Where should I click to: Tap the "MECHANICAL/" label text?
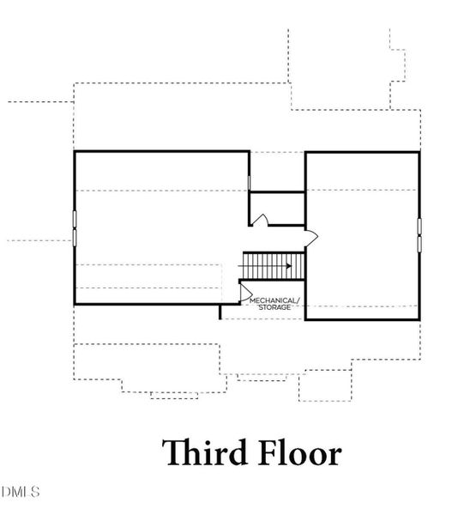click(x=274, y=300)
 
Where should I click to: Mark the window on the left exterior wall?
click(x=75, y=227)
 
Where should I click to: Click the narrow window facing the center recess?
click(x=250, y=183)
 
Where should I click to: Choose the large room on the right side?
click(x=362, y=235)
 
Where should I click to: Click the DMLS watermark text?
click(x=21, y=492)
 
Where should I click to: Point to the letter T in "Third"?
click(x=171, y=453)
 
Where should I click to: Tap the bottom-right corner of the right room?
click(x=419, y=319)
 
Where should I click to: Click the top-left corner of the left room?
click(x=75, y=152)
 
